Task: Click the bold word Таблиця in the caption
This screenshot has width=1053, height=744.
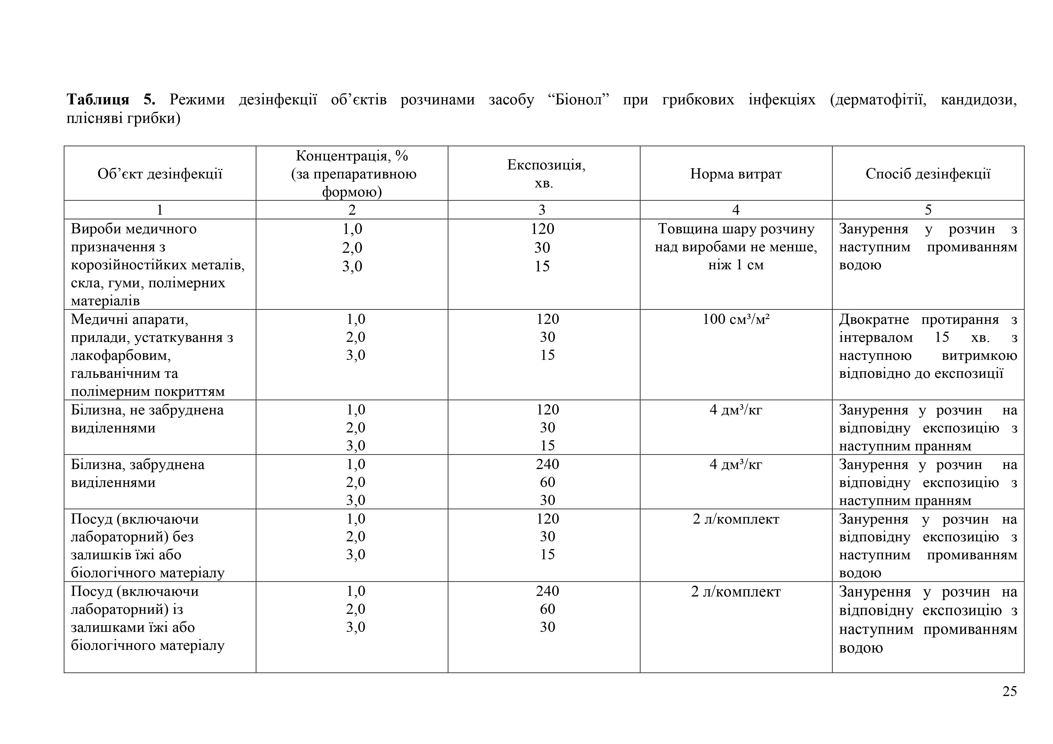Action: (x=98, y=100)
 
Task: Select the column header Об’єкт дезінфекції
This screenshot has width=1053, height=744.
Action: (x=160, y=174)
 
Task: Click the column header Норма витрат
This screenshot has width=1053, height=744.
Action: (x=736, y=174)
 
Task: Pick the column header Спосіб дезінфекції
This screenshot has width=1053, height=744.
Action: (x=928, y=174)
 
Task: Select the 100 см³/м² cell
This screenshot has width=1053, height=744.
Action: (x=736, y=319)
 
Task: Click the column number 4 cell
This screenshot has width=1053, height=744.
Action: (x=736, y=210)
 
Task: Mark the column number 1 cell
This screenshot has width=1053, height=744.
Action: (x=160, y=210)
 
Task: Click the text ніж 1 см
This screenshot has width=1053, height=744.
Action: (x=736, y=265)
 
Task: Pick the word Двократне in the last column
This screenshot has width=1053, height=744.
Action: (x=873, y=319)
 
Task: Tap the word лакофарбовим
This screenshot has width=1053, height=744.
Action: (x=121, y=355)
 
